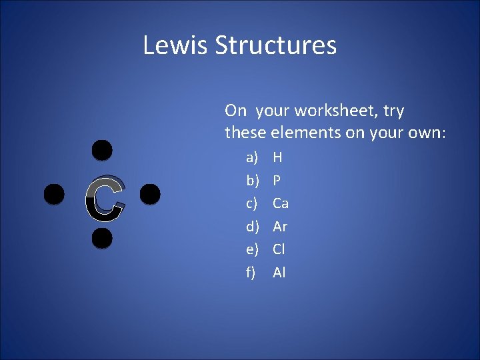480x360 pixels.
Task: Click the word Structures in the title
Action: coord(275,45)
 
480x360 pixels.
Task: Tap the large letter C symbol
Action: coord(105,199)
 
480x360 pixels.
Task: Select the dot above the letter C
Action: coord(101,151)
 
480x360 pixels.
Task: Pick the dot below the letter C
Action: coord(101,237)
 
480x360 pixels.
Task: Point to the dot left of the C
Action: coord(54,195)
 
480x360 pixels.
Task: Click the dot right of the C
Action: coord(150,194)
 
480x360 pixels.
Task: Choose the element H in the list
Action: coord(277,158)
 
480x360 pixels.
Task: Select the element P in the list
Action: coord(277,181)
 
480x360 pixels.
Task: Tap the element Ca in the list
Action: coord(281,203)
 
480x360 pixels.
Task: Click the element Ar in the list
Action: coord(280,227)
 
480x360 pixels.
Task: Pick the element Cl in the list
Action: coord(279,249)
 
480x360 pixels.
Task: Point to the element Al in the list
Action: coord(279,272)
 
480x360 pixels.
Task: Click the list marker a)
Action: coord(251,158)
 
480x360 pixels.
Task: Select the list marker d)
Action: coord(252,227)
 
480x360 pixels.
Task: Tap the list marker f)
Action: coord(251,272)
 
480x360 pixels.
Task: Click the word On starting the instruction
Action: coord(236,111)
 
